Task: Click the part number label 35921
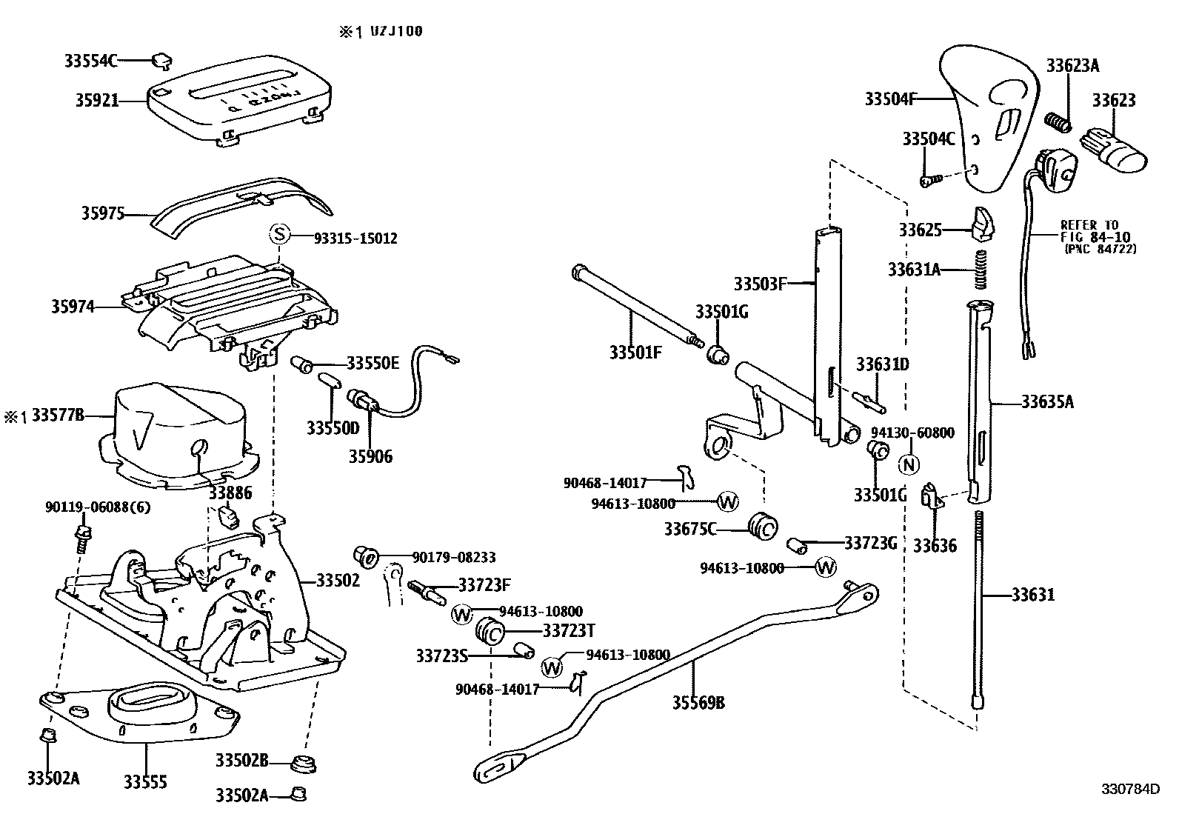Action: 97,100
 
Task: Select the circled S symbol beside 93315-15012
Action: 279,234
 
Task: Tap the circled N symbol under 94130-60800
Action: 909,464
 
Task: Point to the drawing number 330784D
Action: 1131,804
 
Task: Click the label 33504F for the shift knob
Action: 891,99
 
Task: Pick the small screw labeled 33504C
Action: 931,181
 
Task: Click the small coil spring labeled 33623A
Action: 1058,123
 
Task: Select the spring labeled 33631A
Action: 980,269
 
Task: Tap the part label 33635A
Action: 1047,402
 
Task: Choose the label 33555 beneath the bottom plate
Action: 145,782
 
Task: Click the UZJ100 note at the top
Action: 395,32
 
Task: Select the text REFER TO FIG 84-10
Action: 1095,230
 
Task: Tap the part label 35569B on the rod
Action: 698,702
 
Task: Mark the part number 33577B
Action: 58,416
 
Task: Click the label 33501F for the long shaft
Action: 635,353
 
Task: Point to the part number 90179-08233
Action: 454,557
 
